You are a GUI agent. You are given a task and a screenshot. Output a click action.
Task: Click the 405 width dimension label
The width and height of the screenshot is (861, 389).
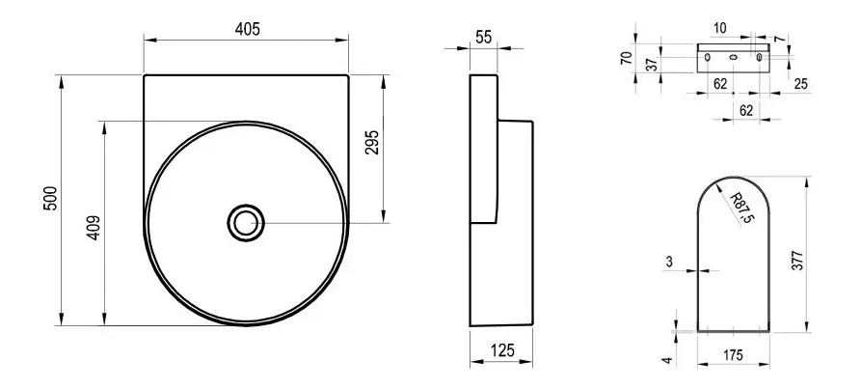(x=247, y=29)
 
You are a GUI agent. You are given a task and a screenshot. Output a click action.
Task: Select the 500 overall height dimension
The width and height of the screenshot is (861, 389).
(x=50, y=199)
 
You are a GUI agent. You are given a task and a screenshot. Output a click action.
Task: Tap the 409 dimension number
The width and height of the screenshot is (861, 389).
(x=94, y=228)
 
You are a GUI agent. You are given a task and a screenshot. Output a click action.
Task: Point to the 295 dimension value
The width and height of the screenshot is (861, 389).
(x=372, y=142)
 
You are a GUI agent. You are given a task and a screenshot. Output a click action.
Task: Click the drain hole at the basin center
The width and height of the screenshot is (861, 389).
(x=246, y=223)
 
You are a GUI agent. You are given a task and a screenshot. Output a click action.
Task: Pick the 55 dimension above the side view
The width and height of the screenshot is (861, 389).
(x=484, y=38)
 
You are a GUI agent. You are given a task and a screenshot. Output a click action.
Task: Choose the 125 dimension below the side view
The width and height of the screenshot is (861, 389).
(x=502, y=349)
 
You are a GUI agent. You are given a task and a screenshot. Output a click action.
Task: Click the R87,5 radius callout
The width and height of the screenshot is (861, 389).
(x=741, y=208)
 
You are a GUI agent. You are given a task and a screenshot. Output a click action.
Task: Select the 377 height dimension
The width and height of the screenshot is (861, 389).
(x=798, y=260)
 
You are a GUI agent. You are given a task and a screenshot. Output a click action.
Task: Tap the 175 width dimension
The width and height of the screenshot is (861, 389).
(x=733, y=355)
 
